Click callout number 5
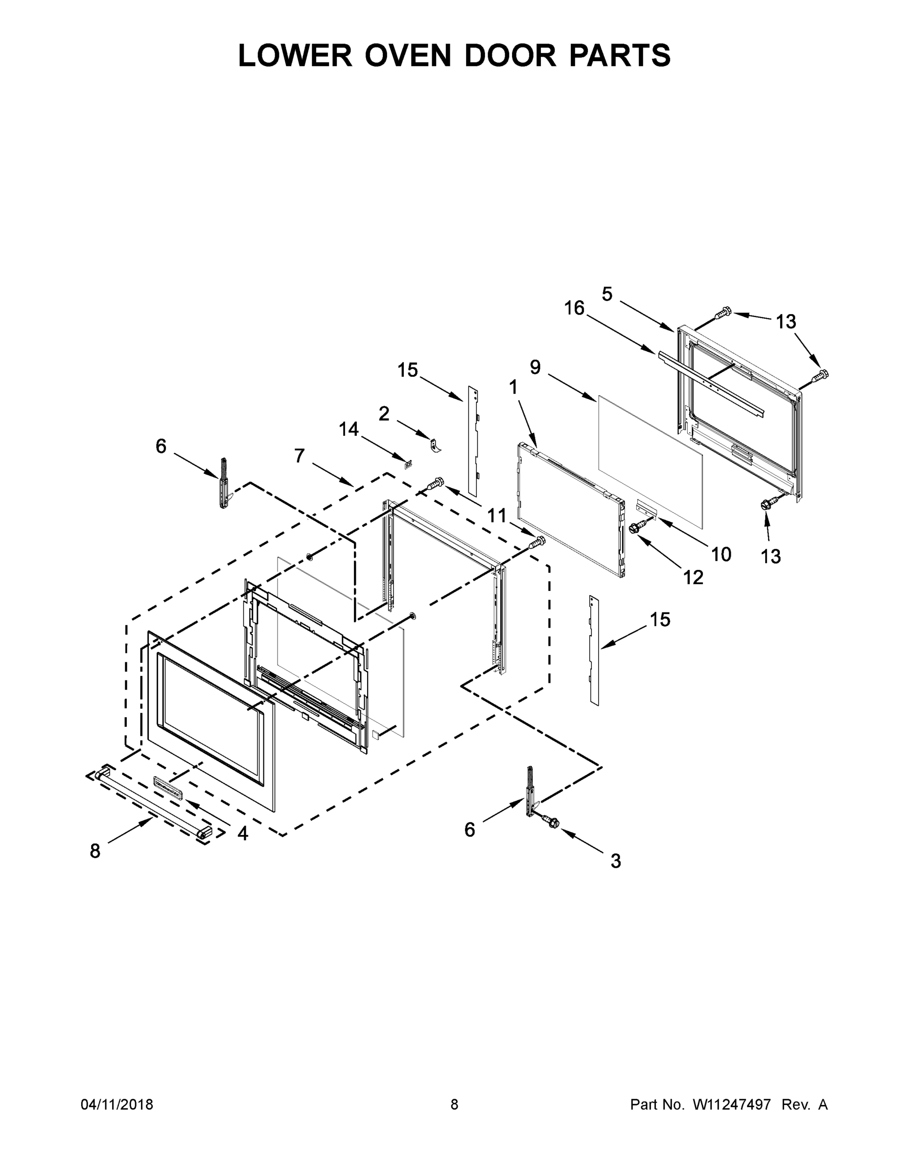tap(607, 294)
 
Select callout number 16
tap(574, 309)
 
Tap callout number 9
tap(535, 367)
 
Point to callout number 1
tap(513, 387)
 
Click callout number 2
tap(384, 413)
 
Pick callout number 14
tap(349, 429)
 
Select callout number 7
tap(300, 456)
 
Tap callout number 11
tap(496, 516)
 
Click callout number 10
tap(721, 554)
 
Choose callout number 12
tap(694, 577)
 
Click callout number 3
tap(616, 861)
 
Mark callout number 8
tap(95, 851)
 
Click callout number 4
tap(243, 834)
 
